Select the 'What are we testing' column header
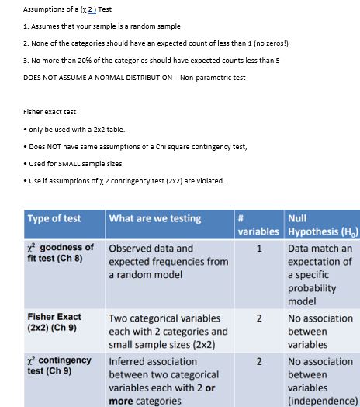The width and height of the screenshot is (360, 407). [155, 218]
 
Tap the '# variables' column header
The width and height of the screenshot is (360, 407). [258, 224]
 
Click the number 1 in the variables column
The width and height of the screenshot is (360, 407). [258, 249]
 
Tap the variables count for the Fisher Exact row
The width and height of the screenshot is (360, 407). [258, 318]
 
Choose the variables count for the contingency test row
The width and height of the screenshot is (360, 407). [258, 361]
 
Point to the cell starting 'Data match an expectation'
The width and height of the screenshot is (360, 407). [320, 275]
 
